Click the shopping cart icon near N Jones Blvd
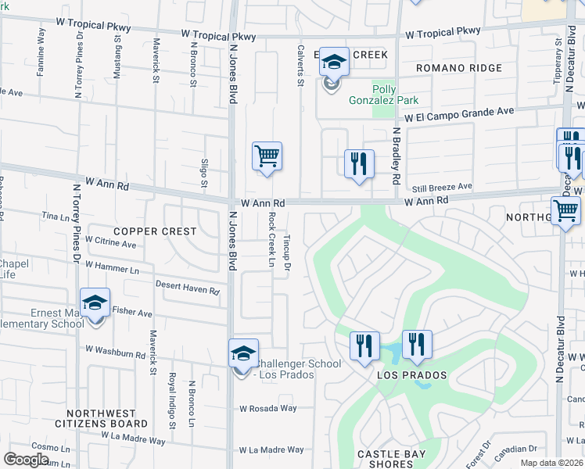point(267,156)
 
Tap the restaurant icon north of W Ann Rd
point(359,164)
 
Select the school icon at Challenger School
point(244,354)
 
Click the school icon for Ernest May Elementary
point(95,303)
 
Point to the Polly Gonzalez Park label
point(395,95)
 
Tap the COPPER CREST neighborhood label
point(148,231)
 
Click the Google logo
point(27,460)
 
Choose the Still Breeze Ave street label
point(442,188)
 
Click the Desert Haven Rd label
point(188,288)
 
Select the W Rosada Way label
point(267,408)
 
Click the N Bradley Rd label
point(397,156)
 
